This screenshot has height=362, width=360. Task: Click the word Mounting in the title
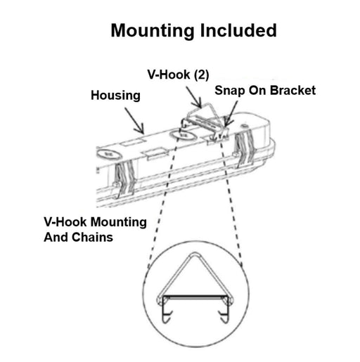[153, 31]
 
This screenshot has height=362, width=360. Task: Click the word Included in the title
[238, 30]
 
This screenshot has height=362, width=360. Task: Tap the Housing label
[115, 96]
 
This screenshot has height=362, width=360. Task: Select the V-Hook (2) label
[178, 75]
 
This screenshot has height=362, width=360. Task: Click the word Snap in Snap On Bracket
[230, 91]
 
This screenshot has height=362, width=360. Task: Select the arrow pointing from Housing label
[134, 120]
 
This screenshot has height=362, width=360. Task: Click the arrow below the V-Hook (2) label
[194, 97]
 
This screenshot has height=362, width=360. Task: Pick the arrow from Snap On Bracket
[231, 113]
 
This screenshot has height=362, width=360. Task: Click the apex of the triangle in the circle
[195, 253]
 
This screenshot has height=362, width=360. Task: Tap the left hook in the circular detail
[167, 315]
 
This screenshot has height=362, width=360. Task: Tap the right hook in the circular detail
[224, 315]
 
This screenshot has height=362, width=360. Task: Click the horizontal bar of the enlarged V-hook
[195, 297]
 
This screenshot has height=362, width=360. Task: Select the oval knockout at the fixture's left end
[109, 154]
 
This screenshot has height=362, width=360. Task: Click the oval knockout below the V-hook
[184, 136]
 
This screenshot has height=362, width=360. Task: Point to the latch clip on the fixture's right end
[244, 148]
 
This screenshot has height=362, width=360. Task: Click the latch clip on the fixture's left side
[124, 179]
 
